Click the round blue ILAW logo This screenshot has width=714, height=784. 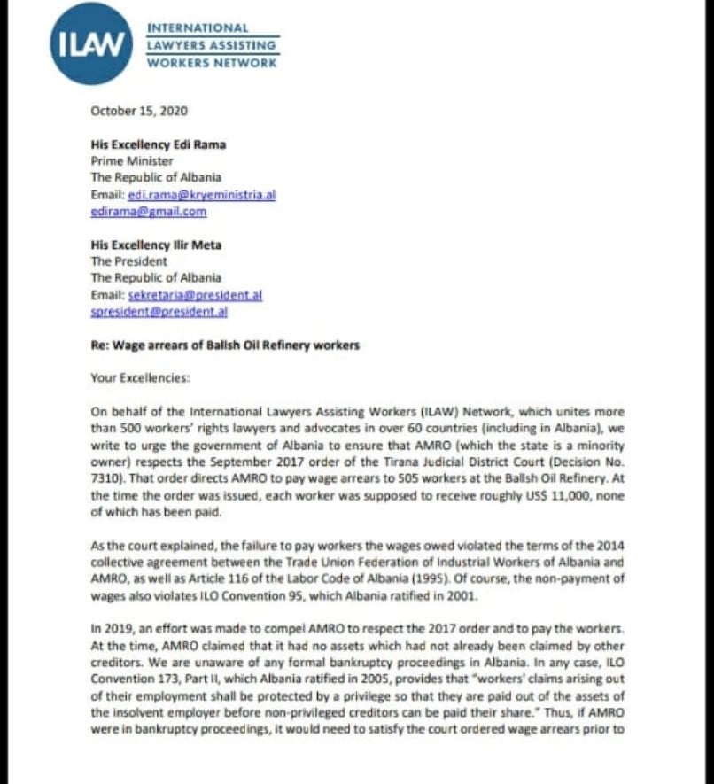pos(91,43)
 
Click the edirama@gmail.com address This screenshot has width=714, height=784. pos(148,212)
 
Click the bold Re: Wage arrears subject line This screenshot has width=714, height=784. pos(225,345)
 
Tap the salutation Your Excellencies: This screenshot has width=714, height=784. pos(140,377)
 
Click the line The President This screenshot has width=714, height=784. pos(128,261)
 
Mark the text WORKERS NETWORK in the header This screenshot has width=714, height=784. pos(212,63)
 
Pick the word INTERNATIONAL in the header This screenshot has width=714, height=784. pos(198,28)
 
